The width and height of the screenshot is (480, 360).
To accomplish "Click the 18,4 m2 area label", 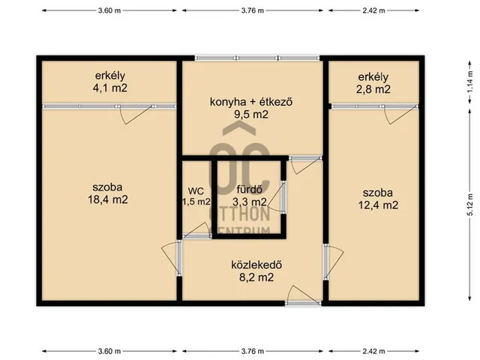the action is click(108, 199).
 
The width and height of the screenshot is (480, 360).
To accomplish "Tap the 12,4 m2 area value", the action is click(378, 205).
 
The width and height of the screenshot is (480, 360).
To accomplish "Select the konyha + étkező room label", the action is click(251, 102).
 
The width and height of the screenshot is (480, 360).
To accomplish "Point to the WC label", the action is click(196, 191).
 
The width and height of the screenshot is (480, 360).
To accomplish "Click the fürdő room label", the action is click(250, 190).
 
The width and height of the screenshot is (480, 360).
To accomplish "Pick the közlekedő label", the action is click(256, 265).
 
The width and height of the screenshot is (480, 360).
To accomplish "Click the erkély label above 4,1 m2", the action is click(110, 76).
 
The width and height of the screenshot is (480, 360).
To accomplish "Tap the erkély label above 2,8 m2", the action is click(373, 76).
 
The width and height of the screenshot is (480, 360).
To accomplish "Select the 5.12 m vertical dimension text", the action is click(470, 205).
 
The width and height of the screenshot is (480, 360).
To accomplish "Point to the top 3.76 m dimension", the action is click(253, 10).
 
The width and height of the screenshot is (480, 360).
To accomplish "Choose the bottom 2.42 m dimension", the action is click(373, 351).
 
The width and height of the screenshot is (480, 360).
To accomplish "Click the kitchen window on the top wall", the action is click(257, 58).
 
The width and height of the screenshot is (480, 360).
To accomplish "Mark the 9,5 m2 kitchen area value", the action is click(251, 115).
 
